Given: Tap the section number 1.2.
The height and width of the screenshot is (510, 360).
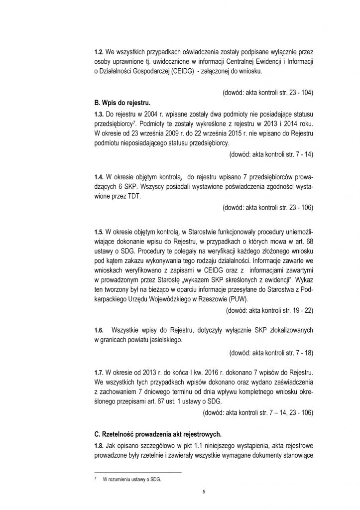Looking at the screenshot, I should [99, 51].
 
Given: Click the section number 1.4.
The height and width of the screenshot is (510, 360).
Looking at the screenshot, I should [99, 176].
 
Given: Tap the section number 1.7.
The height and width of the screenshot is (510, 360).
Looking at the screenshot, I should [99, 372].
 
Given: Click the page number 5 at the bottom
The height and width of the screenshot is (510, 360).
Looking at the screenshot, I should [204, 492].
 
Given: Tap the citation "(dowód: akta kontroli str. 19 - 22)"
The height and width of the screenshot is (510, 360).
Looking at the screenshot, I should [269, 310].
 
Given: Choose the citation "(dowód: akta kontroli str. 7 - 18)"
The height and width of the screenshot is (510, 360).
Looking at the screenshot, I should [271, 352].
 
